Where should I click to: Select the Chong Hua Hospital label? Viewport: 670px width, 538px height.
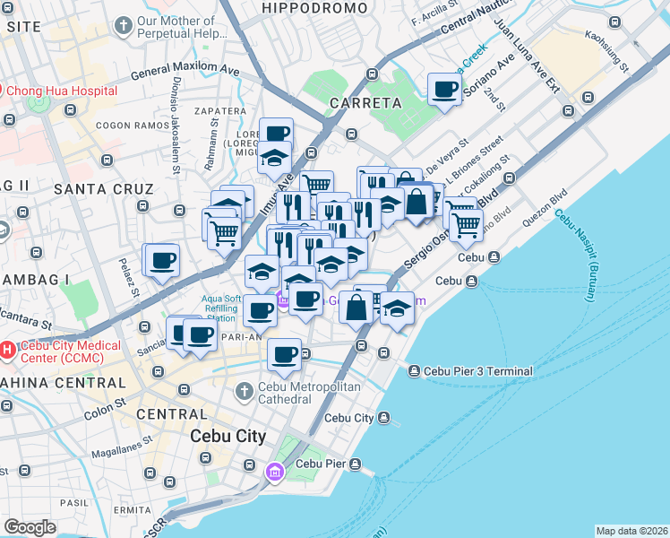pos(62,91)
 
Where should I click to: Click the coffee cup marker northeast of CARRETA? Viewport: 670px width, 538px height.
pos(444,91)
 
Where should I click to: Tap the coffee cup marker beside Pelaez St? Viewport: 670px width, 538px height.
pos(161,261)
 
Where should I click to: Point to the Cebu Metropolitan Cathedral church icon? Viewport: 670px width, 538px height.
pos(243,392)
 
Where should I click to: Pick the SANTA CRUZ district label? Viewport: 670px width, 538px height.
pos(92,188)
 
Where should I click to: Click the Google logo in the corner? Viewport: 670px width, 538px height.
pos(30,526)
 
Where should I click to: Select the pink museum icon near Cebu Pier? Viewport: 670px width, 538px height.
pos(275,471)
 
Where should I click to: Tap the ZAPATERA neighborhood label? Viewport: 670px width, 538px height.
pos(219,111)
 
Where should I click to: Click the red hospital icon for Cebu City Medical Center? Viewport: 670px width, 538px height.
pos(7,349)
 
